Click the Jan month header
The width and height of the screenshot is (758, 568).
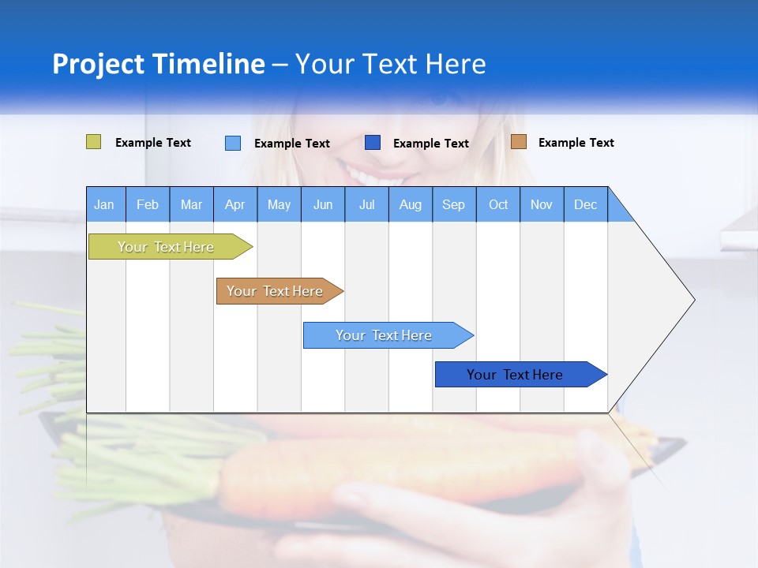point(104,204)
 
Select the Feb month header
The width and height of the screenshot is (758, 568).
point(148,204)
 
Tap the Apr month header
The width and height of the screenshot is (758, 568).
point(235,204)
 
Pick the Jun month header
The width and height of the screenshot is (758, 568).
point(323,204)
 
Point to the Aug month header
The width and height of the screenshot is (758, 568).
point(410,204)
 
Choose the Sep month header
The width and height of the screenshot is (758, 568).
point(453,204)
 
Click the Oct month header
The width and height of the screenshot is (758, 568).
point(498,204)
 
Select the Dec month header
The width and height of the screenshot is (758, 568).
point(585,204)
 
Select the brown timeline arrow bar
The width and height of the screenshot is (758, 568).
point(276,291)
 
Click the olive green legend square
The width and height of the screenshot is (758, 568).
point(93,142)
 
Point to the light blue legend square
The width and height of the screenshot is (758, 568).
point(233,143)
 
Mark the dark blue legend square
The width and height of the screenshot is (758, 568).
point(373,143)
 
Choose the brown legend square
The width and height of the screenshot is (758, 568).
point(519,142)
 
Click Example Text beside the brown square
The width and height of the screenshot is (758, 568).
point(576,143)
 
